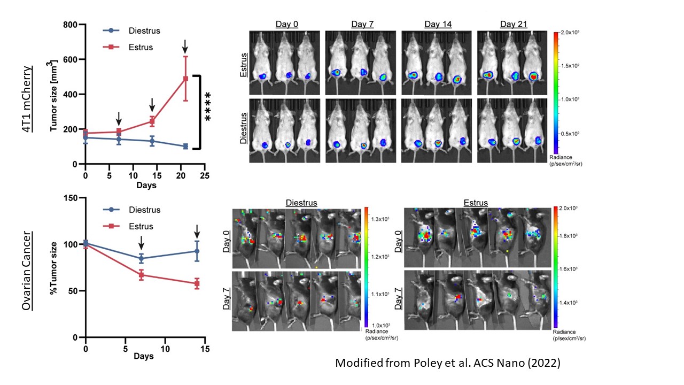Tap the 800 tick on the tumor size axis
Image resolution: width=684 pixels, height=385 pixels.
[69, 25]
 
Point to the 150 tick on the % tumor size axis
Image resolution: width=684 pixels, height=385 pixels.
[69, 198]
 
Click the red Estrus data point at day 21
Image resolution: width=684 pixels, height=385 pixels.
[185, 79]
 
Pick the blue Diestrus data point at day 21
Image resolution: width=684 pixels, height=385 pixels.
[185, 147]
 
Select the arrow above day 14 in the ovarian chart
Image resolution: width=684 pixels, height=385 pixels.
[197, 232]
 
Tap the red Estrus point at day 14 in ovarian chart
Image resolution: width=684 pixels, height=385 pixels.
[197, 284]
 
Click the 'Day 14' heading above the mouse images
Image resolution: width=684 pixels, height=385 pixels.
[438, 25]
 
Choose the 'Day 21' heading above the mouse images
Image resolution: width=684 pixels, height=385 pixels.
[514, 25]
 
